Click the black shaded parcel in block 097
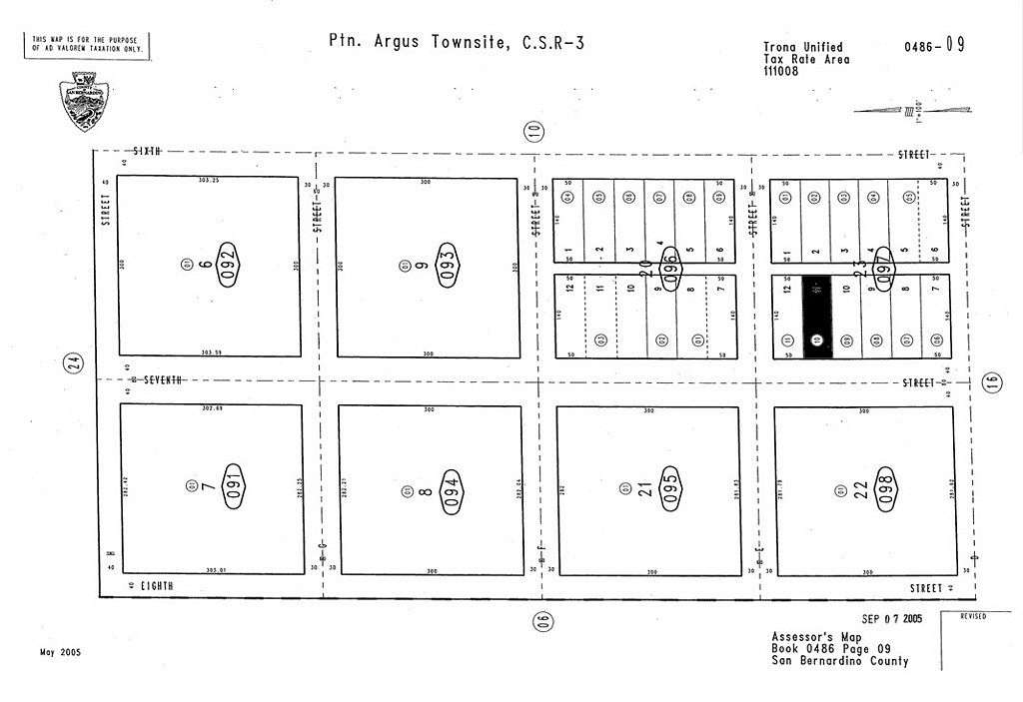[x=816, y=317]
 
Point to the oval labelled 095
[x=669, y=489]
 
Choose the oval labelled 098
[x=886, y=489]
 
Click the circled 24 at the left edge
[x=73, y=364]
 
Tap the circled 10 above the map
[x=534, y=130]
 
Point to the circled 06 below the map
[x=540, y=621]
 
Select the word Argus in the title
[x=400, y=42]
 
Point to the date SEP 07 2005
[x=892, y=619]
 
